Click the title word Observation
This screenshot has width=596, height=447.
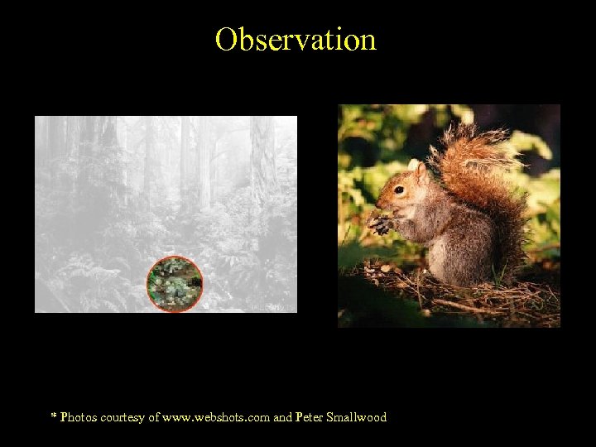pyautogui.click(x=296, y=39)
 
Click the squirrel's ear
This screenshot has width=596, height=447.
pyautogui.click(x=422, y=171)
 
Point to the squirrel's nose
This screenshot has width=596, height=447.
pyautogui.click(x=379, y=204)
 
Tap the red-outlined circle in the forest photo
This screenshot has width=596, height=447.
pyautogui.click(x=175, y=284)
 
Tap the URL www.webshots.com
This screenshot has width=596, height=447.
pyautogui.click(x=218, y=418)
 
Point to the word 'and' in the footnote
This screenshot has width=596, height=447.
pyautogui.click(x=282, y=418)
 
